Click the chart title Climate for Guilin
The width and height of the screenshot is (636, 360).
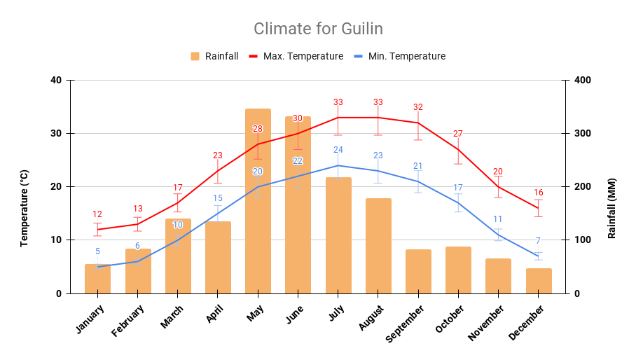pos(318,29)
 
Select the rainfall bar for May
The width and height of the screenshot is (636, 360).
pos(258,203)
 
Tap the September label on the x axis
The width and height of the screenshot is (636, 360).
pos(404,323)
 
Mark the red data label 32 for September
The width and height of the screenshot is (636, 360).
pos(418,107)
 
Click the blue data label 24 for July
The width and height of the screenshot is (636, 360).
pos(338,150)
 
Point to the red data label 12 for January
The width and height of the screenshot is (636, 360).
pos(97,214)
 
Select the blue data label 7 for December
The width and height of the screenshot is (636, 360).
pos(538,241)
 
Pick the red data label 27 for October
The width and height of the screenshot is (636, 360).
pos(458,134)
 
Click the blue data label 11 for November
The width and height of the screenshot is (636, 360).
pos(498,219)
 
